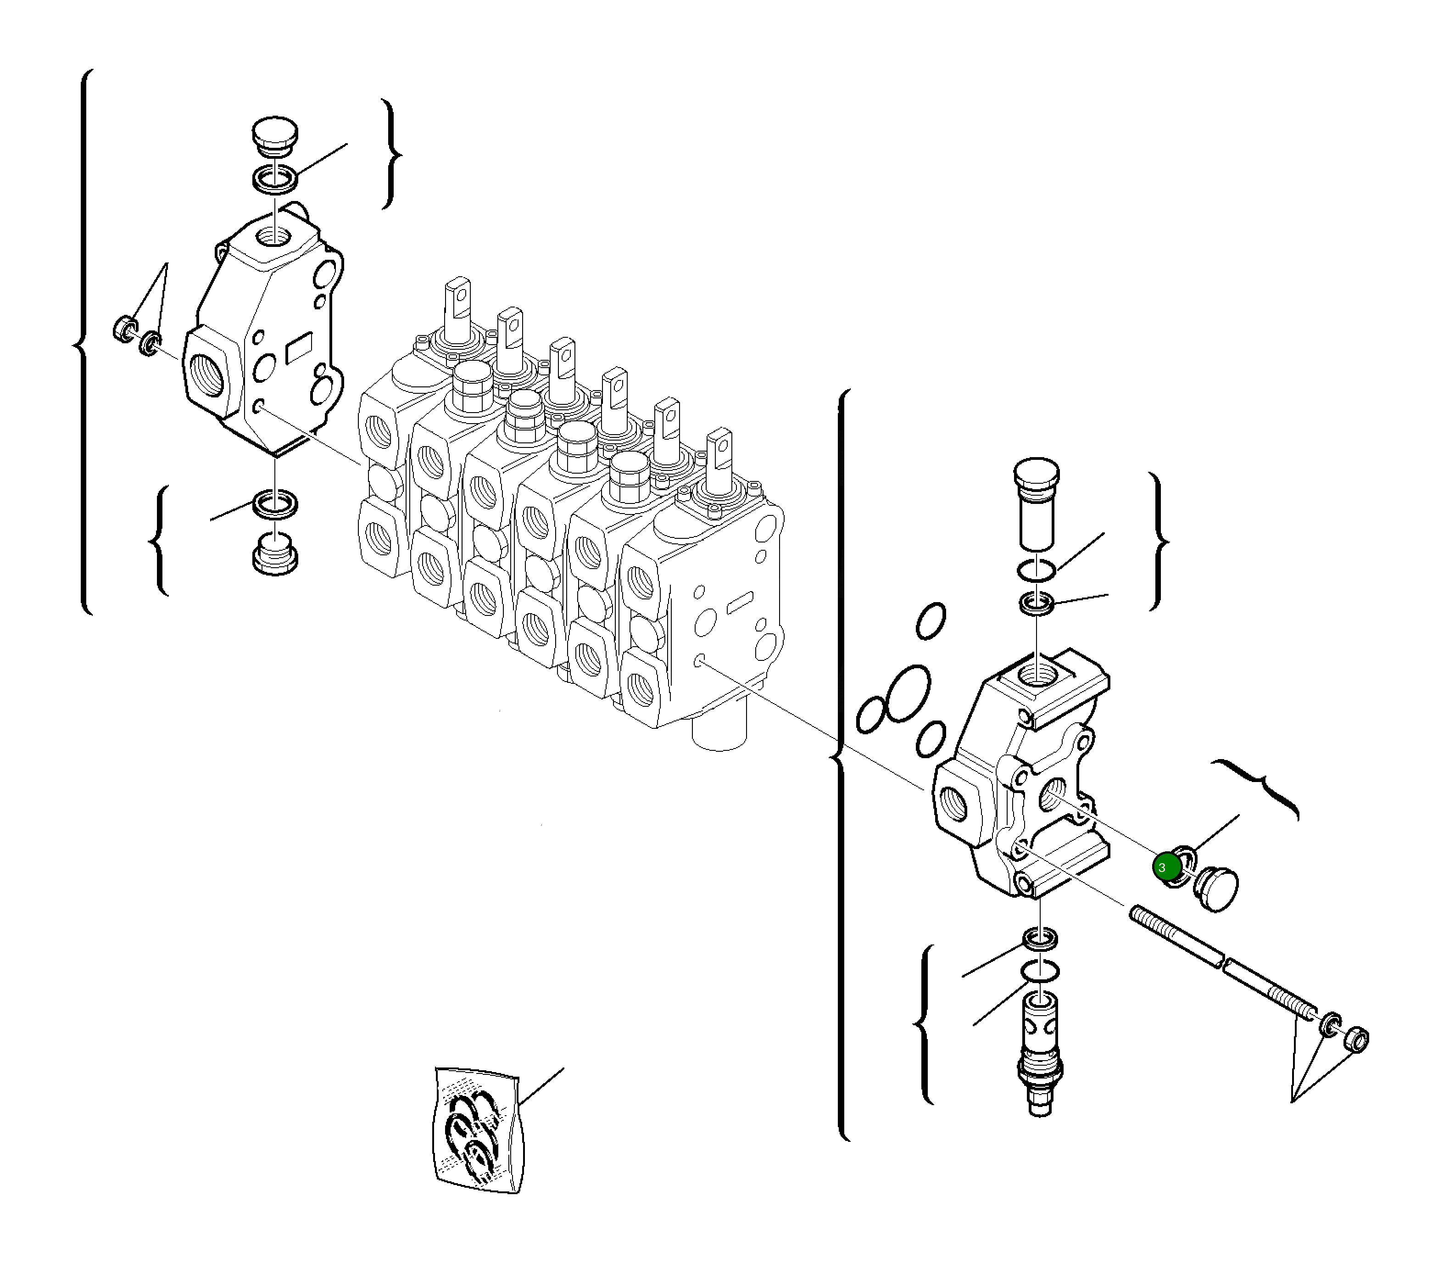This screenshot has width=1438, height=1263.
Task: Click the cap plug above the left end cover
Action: (x=275, y=136)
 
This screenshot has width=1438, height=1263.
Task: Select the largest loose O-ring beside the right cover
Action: (x=908, y=693)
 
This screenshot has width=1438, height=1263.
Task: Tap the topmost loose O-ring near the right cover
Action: (x=931, y=620)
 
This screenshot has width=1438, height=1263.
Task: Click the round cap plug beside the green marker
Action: (x=1218, y=889)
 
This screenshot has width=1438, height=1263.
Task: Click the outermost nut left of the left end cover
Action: (x=124, y=328)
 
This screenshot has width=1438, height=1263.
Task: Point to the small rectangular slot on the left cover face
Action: (x=300, y=347)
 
